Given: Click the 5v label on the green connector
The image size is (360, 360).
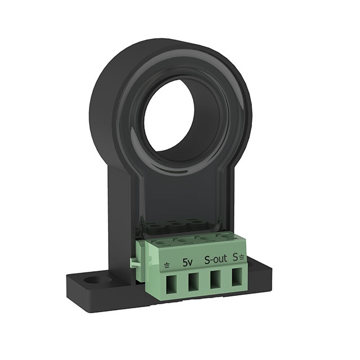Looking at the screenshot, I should (x=188, y=262).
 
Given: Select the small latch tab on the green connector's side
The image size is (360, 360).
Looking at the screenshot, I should (x=133, y=262).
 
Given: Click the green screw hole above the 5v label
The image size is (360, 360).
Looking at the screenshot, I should (x=183, y=241).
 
